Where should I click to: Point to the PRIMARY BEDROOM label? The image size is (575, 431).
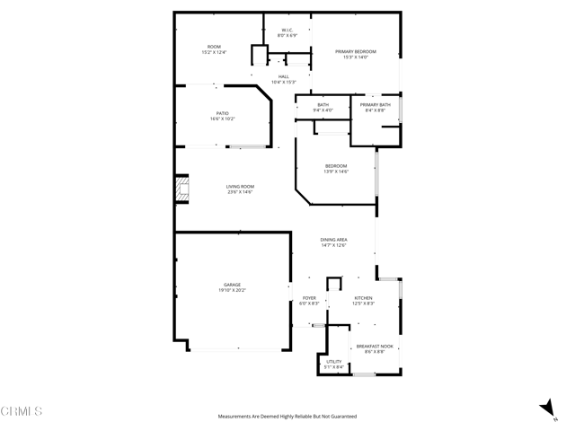click(356, 51)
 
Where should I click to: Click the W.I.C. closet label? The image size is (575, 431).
click(287, 30)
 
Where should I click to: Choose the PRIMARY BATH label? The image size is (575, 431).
click(375, 105)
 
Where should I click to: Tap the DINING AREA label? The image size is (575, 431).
click(335, 240)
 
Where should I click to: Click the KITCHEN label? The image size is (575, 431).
click(363, 298)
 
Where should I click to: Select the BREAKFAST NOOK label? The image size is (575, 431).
click(375, 346)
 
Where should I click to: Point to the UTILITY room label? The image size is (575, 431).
click(333, 361)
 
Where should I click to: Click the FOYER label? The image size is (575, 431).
click(309, 298)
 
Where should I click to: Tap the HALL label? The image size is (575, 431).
click(283, 76)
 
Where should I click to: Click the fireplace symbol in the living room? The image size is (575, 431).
click(181, 189)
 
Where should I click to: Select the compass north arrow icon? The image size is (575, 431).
click(545, 408)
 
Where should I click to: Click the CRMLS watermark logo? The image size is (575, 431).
click(22, 412)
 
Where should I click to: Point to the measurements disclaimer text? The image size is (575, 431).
click(287, 417)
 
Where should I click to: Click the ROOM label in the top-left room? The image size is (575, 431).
click(214, 47)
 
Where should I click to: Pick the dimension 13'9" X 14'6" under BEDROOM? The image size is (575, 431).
click(335, 172)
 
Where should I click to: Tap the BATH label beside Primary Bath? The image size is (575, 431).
click(323, 105)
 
